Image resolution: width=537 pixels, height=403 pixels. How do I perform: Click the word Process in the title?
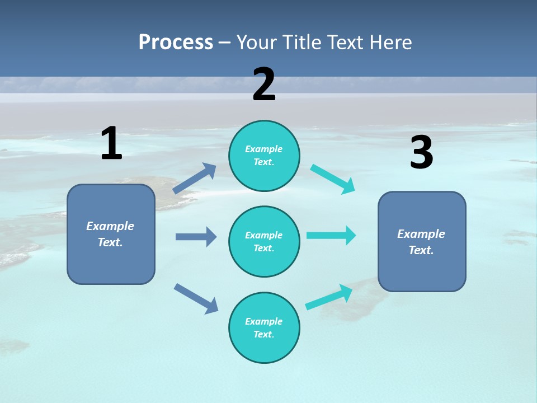coord(176,43)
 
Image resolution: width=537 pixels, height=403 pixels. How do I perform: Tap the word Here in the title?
coord(389,43)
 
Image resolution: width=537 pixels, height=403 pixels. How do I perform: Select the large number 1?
coord(111,143)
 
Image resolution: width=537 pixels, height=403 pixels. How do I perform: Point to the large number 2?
coord(264,85)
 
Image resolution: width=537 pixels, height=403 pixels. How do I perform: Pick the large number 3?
coord(421,153)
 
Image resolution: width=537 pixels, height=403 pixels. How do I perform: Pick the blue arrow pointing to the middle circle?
coord(196,237)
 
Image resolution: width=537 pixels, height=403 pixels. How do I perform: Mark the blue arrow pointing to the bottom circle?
coord(196,298)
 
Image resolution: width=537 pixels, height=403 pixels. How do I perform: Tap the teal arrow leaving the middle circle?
coord(331,235)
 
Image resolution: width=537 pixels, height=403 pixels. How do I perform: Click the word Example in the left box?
coord(110,226)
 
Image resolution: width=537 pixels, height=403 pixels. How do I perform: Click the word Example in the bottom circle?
coord(264,321)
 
